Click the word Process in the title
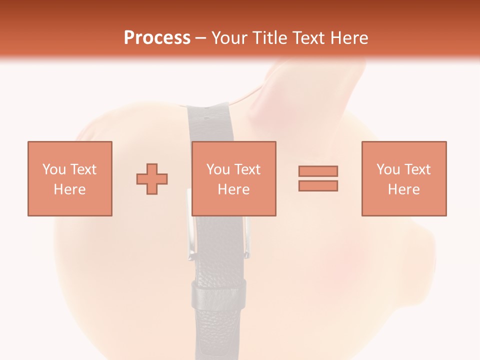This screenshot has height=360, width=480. coord(157,38)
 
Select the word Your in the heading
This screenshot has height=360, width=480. coord(230,38)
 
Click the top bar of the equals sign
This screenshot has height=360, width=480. coord(318,171)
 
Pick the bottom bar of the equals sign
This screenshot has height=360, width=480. coord(318,185)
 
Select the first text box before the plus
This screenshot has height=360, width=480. coord(70,178)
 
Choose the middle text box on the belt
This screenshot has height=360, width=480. coord(234,178)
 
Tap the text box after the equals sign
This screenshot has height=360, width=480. coord(404,178)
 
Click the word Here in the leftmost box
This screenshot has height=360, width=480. coord(70,189)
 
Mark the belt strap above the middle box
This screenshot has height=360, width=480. coord(210,122)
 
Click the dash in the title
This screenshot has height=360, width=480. coord(201,38)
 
